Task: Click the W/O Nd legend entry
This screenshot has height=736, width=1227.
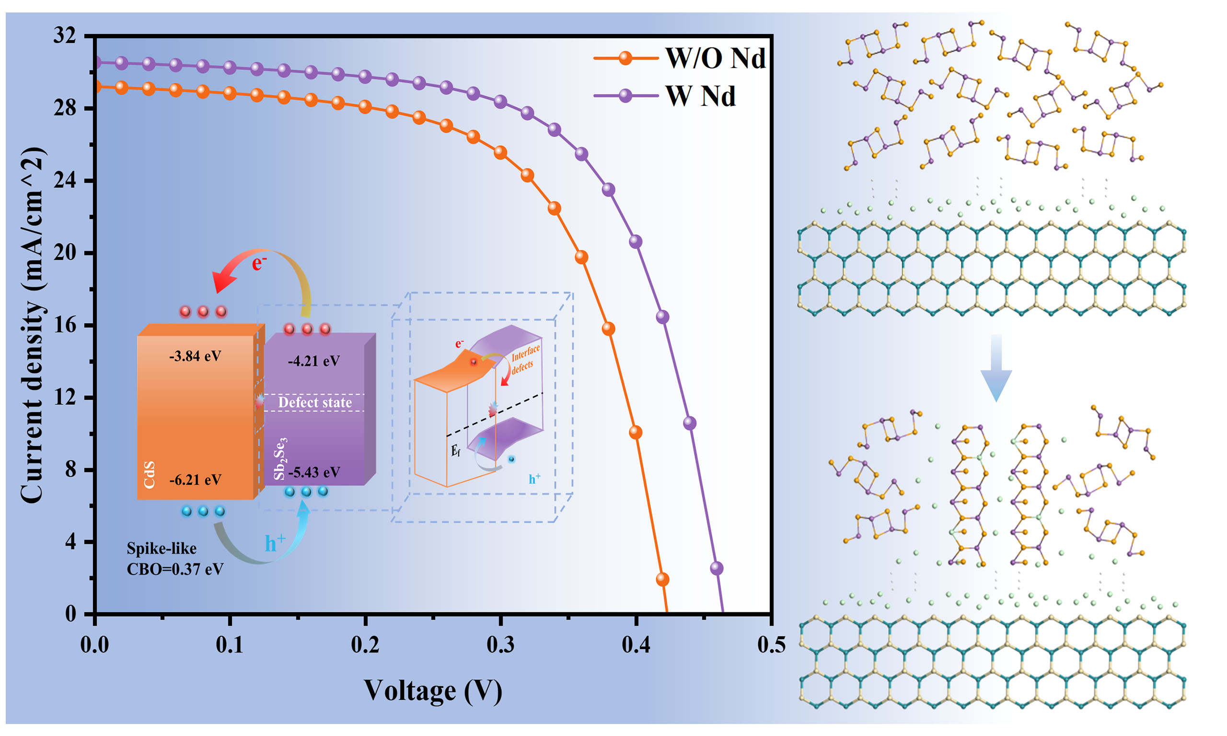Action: pyautogui.click(x=714, y=58)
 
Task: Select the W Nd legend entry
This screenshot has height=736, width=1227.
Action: pyautogui.click(x=700, y=96)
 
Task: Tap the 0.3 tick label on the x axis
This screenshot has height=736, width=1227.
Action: pyautogui.click(x=500, y=645)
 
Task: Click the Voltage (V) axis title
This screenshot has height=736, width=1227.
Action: pyautogui.click(x=433, y=690)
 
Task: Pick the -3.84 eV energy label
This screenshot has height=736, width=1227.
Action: pyautogui.click(x=195, y=356)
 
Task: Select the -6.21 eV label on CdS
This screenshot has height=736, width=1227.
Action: pyautogui.click(x=195, y=480)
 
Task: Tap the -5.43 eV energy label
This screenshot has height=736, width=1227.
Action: pyautogui.click(x=314, y=472)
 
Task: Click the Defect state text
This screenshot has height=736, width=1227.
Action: pyautogui.click(x=315, y=402)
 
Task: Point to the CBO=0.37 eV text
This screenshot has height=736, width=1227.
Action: pyautogui.click(x=175, y=569)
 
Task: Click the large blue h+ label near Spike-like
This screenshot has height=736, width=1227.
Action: pyautogui.click(x=275, y=543)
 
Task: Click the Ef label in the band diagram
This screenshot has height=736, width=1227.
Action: pyautogui.click(x=455, y=451)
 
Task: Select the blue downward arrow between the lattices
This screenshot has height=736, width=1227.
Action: pyautogui.click(x=996, y=367)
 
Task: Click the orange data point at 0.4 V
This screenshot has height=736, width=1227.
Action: pyautogui.click(x=636, y=433)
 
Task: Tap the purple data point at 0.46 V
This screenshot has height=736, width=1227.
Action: pyautogui.click(x=716, y=568)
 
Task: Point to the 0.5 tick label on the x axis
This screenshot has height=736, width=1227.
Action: pyautogui.click(x=771, y=645)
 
